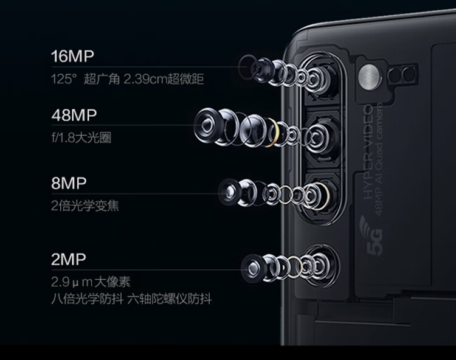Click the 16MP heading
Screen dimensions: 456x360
tap(73, 56)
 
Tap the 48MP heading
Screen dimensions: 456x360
tap(74, 115)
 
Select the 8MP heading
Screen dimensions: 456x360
tap(69, 183)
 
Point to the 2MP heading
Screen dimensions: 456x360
tap(69, 260)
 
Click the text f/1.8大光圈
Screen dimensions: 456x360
tap(81, 137)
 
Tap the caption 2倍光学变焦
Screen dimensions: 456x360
tap(85, 206)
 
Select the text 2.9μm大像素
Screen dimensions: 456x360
tap(91, 282)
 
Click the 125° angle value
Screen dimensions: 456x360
tap(64, 79)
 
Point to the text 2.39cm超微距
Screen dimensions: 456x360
tap(164, 79)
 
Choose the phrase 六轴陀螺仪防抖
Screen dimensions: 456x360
tap(170, 299)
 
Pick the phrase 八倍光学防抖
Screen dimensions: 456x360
tap(87, 299)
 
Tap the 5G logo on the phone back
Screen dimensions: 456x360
tap(371, 235)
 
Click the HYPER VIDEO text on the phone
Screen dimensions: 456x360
tap(368, 152)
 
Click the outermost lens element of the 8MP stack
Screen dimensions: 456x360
tap(229, 192)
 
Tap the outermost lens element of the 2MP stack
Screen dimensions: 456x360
tap(252, 268)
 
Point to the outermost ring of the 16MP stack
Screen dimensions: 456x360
tap(247, 67)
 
